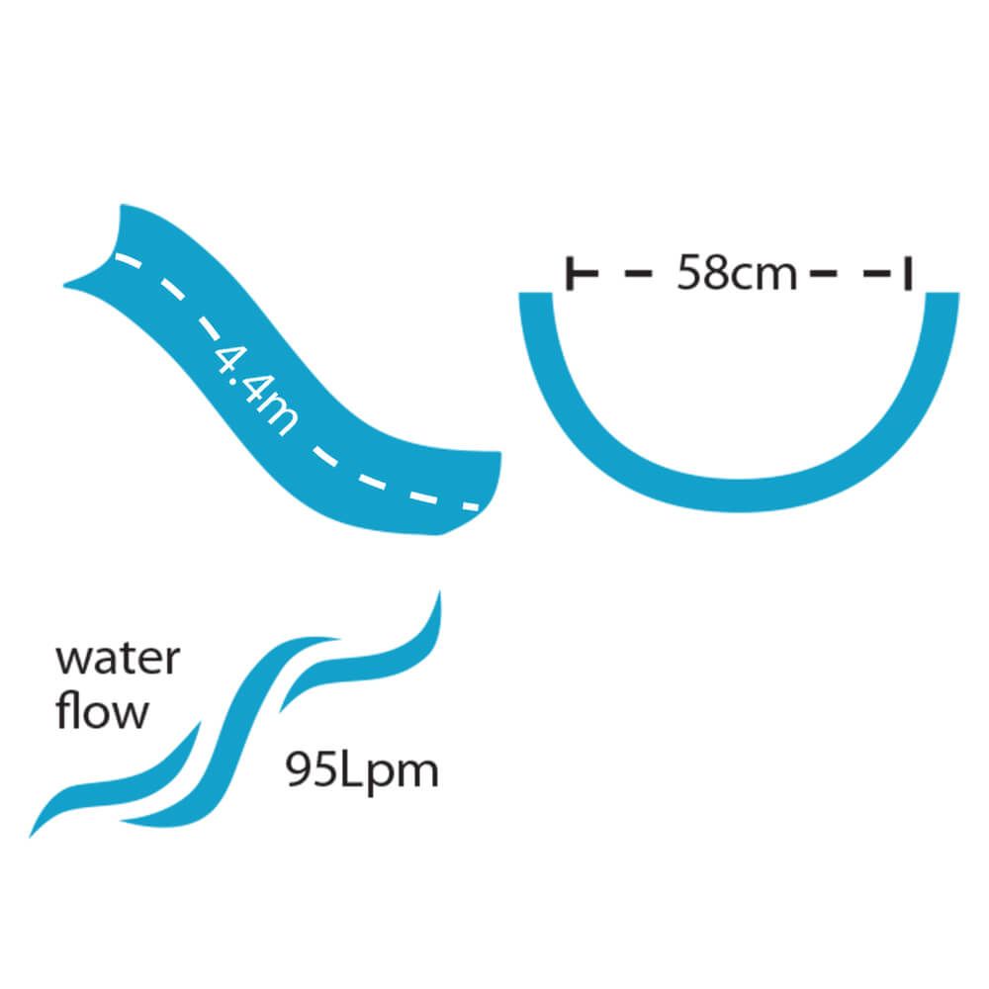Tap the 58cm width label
736,272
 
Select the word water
118,660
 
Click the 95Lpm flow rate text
362,770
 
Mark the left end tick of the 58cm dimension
572,273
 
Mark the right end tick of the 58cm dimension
906,273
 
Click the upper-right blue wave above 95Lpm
371,658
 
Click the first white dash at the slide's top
123,261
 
